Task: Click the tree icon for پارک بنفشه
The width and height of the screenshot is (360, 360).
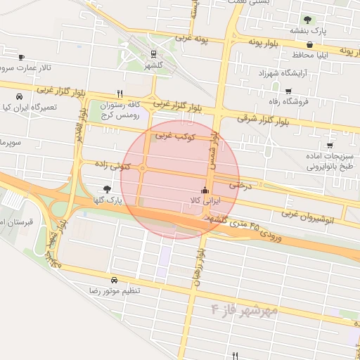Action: (307, 20)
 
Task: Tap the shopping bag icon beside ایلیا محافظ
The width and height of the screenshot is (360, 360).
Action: (309, 45)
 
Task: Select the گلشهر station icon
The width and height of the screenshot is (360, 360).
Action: (153, 53)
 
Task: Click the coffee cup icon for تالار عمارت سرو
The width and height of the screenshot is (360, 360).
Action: (22, 57)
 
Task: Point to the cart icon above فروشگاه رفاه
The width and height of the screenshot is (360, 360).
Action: (288, 91)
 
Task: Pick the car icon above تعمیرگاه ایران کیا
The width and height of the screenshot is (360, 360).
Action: (19, 96)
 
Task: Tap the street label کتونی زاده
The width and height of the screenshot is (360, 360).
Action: (110, 165)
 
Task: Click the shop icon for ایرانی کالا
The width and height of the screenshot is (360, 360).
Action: (205, 190)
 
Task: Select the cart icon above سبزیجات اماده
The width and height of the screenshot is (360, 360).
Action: (329, 145)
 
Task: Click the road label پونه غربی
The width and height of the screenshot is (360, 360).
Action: (193, 39)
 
